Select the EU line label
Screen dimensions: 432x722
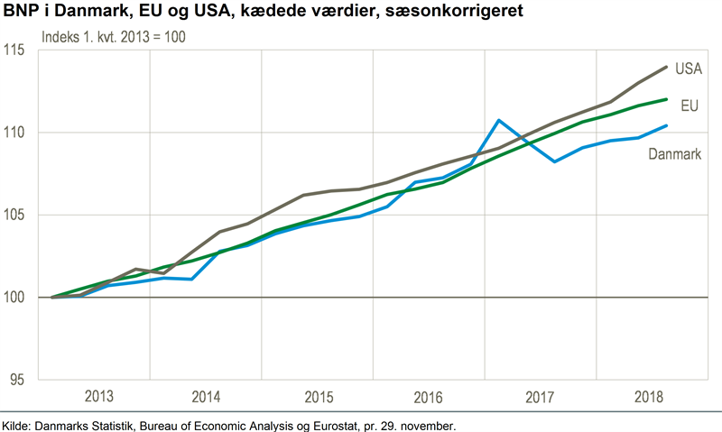tap(690, 106)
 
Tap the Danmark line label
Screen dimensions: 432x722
tap(675, 155)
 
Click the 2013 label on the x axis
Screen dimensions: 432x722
tap(99, 397)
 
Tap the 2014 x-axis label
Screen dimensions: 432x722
tap(207, 397)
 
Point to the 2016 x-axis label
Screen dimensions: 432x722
tap(429, 397)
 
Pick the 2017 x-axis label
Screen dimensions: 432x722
tap(539, 397)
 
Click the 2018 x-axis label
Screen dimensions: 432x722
tap(648, 397)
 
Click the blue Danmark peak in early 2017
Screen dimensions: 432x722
tap(498, 120)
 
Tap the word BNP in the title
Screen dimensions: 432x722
tap(21, 13)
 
